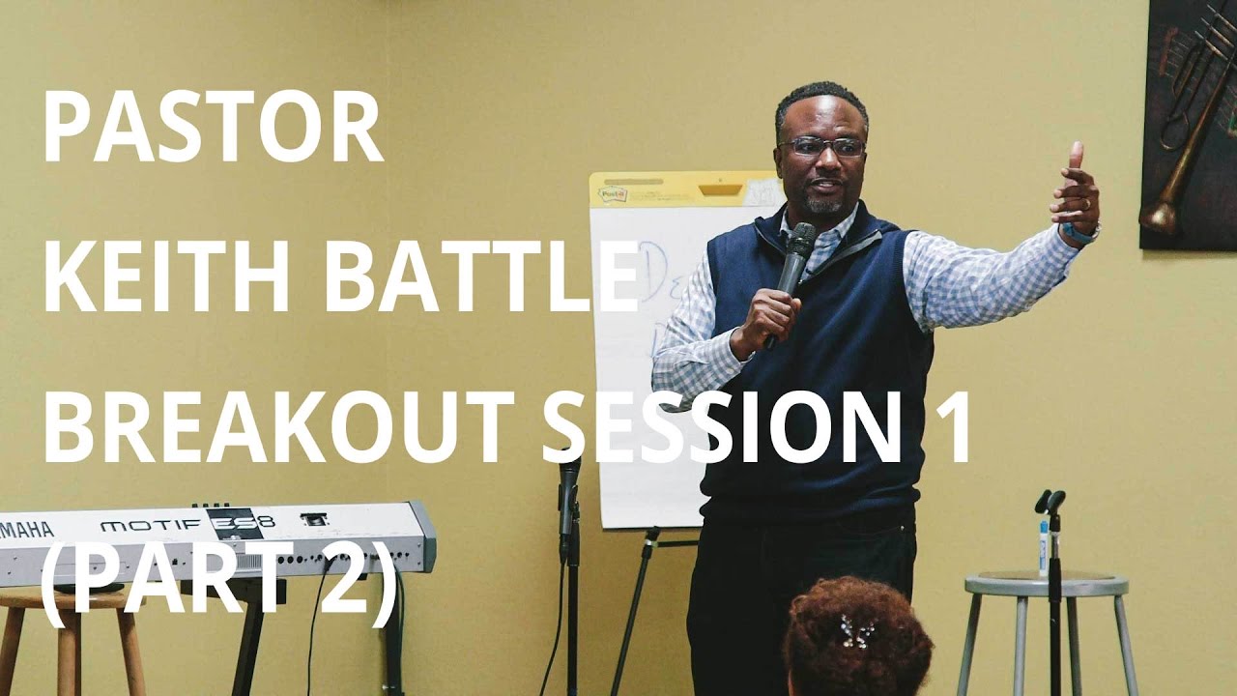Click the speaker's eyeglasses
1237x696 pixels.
[x=821, y=147]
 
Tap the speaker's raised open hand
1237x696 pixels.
[x=1076, y=188]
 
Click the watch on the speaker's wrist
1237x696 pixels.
[x=1080, y=234]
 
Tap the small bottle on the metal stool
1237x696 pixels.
[x=1044, y=547]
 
